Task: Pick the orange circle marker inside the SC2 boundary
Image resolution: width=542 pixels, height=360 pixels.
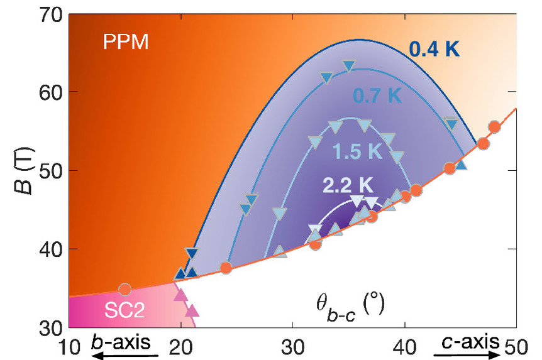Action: (124, 290)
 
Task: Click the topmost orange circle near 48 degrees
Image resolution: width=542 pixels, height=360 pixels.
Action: (494, 128)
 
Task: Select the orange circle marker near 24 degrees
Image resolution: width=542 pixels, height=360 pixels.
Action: (226, 268)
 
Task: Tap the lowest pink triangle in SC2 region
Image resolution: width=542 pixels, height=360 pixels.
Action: (192, 310)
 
